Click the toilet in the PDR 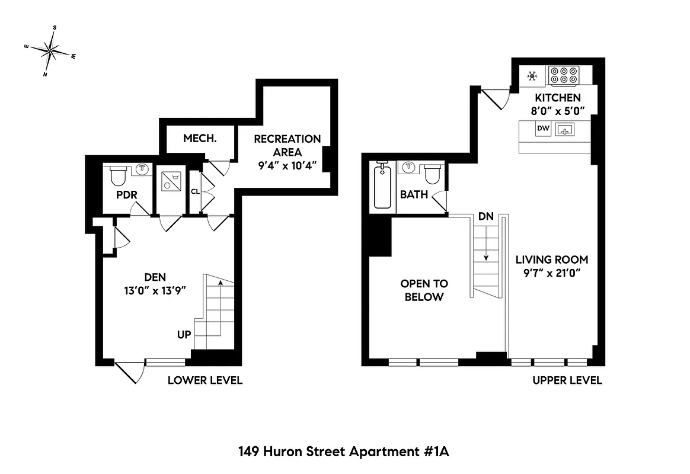pyautogui.click(x=119, y=176)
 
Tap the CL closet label pyautogui.click(x=194, y=191)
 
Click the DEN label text pyautogui.click(x=155, y=277)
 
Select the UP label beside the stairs pyautogui.click(x=184, y=335)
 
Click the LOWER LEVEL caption pyautogui.click(x=205, y=380)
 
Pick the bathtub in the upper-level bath pyautogui.click(x=383, y=186)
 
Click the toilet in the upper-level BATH pyautogui.click(x=433, y=174)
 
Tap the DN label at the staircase pyautogui.click(x=486, y=217)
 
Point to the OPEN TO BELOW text pyautogui.click(x=424, y=290)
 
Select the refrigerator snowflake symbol pyautogui.click(x=532, y=76)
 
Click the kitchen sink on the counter pyautogui.click(x=565, y=129)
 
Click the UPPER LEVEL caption pyautogui.click(x=567, y=380)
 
